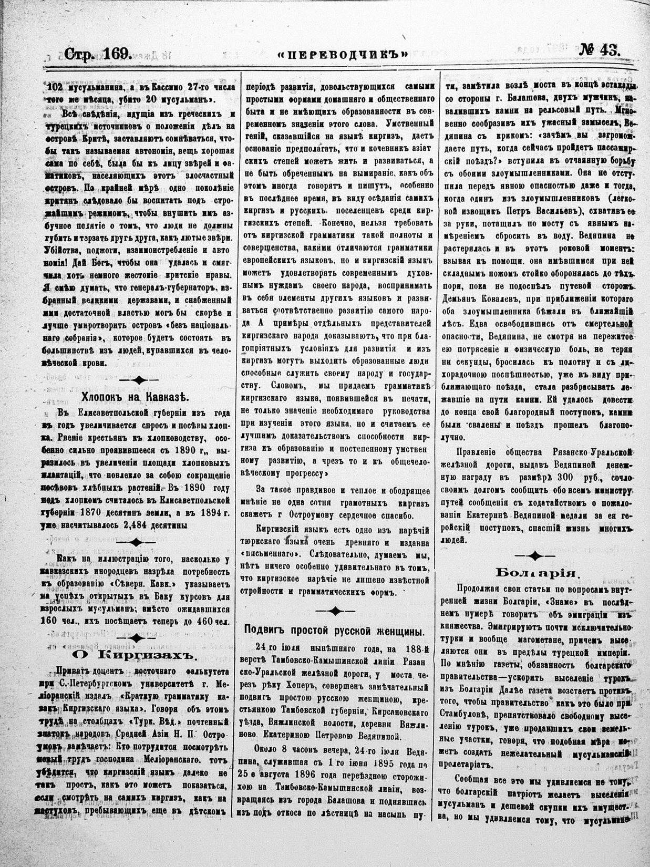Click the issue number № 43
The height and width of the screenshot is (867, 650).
click(x=599, y=51)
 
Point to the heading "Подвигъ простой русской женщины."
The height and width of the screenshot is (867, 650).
click(x=335, y=630)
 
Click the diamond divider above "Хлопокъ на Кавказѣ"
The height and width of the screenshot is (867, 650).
click(x=138, y=379)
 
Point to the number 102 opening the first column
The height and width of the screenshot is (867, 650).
click(x=57, y=87)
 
